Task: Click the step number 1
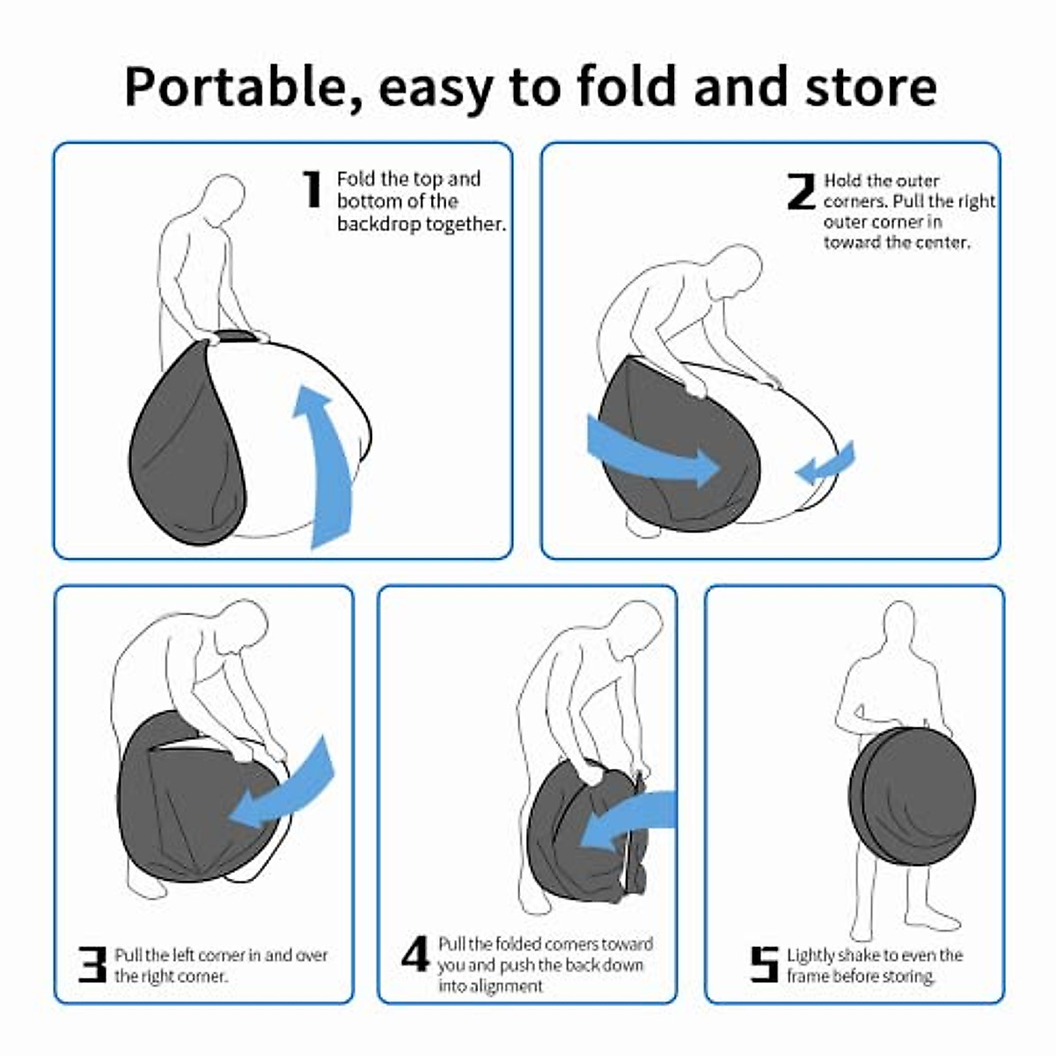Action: pos(312,189)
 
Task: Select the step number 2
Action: pos(801,191)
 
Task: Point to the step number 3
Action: pos(92,964)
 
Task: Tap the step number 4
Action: pos(415,954)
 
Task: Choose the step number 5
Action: pos(764,964)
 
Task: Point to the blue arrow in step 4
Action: pos(629,823)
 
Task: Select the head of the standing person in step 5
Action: pos(899,627)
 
